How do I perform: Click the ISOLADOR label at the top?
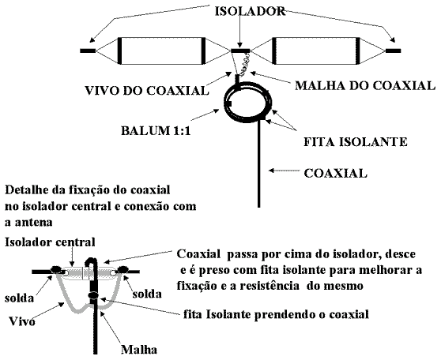[x=250, y=12]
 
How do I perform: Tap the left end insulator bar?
[x=88, y=51]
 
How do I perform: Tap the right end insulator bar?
[x=394, y=51]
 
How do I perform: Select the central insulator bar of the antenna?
[x=240, y=51]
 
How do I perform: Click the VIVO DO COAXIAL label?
[x=147, y=91]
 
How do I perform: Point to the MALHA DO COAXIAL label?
[x=365, y=85]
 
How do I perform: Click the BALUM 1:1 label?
[x=156, y=131]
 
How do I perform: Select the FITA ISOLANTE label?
[x=356, y=141]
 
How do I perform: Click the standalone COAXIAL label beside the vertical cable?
[x=336, y=173]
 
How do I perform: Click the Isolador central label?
[x=50, y=242]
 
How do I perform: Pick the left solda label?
[x=19, y=298]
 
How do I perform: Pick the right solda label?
[x=147, y=294]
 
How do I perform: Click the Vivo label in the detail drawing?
[x=22, y=321]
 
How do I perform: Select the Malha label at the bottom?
[x=139, y=350]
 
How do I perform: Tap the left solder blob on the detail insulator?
[x=57, y=269]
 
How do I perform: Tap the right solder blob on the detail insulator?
[x=123, y=269]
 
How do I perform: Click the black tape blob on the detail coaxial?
[x=93, y=295]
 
